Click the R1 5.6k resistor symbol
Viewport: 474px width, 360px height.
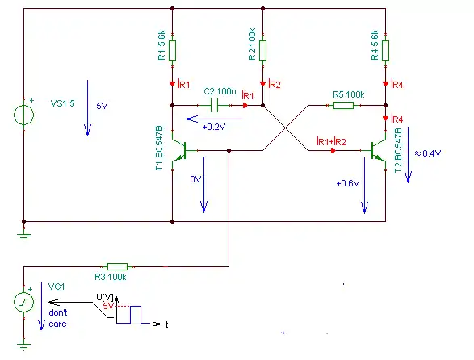(x=172, y=51)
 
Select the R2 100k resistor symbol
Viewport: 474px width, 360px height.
(x=262, y=51)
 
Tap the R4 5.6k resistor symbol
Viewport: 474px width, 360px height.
(x=385, y=51)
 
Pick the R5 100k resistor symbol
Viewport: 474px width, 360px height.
(x=343, y=106)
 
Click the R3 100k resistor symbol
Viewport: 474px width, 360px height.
(x=118, y=266)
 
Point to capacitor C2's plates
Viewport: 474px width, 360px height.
(x=214, y=106)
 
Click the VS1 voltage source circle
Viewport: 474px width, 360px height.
(x=24, y=115)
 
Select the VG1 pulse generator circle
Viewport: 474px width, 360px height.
(x=24, y=302)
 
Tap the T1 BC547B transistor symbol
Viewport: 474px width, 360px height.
(x=179, y=150)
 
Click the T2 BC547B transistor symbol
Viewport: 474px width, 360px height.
(x=379, y=150)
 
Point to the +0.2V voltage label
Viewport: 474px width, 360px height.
(x=214, y=127)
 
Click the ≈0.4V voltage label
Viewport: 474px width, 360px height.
(x=428, y=153)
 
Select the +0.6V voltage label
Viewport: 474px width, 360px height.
(x=348, y=183)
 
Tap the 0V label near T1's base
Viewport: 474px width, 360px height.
(x=195, y=179)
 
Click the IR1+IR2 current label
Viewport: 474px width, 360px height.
(x=331, y=141)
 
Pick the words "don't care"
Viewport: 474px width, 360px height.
(x=58, y=318)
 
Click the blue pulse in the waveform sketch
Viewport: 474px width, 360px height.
(x=136, y=315)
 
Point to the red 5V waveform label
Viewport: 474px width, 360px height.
(x=108, y=306)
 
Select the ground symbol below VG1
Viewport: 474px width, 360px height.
(x=24, y=346)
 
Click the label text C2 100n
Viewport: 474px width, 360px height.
(x=220, y=91)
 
